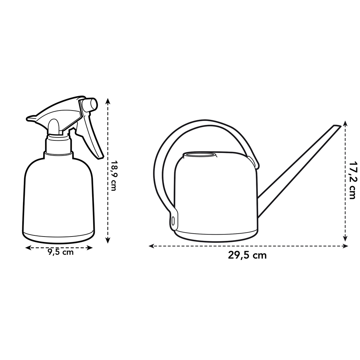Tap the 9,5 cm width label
pos(60,252)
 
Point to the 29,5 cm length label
pos(247,256)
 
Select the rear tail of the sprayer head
pos(31,118)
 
